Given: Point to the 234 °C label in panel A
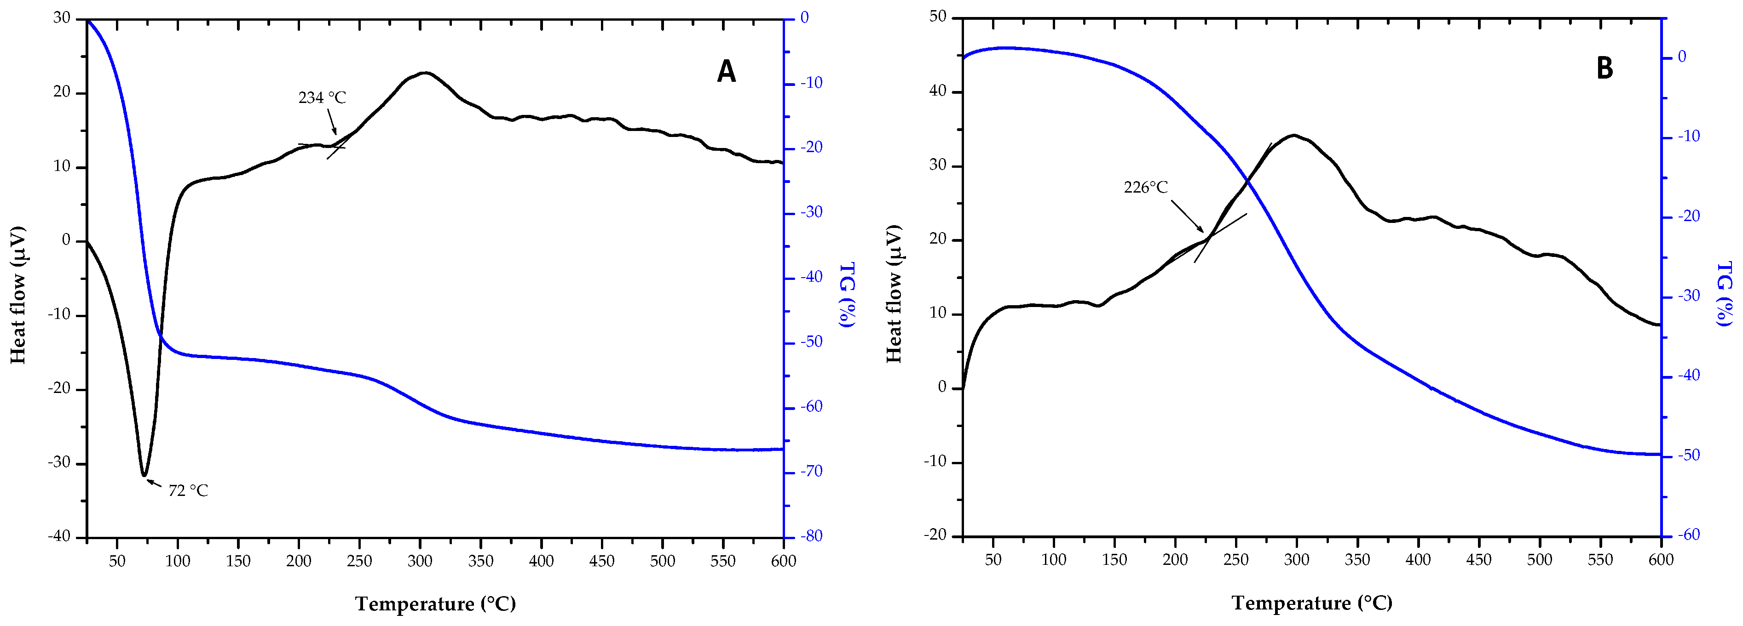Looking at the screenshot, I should tap(322, 98).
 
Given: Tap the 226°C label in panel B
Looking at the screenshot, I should tap(1146, 187).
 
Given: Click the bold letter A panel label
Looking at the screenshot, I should tap(726, 71).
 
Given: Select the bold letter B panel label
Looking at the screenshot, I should tap(1604, 68).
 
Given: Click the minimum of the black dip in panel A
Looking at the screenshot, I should tap(144, 475).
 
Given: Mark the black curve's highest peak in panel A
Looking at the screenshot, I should tap(424, 72).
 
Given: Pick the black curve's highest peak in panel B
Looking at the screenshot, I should tap(1294, 135).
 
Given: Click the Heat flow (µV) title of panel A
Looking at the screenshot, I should tap(18, 296).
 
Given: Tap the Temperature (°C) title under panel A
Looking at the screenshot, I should tap(435, 603).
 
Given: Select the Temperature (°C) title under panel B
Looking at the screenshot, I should tap(1311, 603).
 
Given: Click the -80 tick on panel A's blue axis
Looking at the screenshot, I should tap(811, 536).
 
